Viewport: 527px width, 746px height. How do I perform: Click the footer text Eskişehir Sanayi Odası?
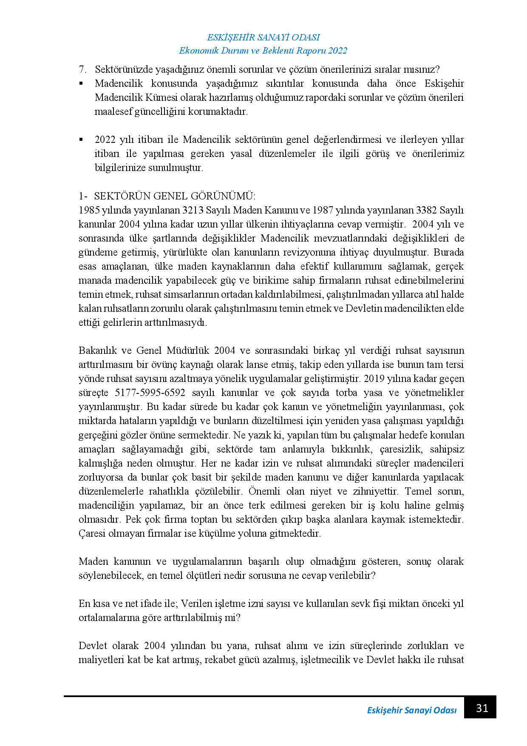pyautogui.click(x=411, y=711)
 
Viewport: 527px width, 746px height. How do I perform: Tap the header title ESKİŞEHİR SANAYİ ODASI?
pyautogui.click(x=263, y=37)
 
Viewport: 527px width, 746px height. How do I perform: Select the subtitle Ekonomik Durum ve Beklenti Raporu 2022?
pyautogui.click(x=263, y=51)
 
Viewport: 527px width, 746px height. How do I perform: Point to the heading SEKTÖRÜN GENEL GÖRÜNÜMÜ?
pyautogui.click(x=175, y=196)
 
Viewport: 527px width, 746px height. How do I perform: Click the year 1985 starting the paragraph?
pyautogui.click(x=88, y=210)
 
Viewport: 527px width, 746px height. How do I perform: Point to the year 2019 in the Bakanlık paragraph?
pyautogui.click(x=374, y=379)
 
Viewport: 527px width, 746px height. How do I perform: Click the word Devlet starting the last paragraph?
pyautogui.click(x=91, y=646)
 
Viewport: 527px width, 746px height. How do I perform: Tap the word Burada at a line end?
pyautogui.click(x=449, y=252)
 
